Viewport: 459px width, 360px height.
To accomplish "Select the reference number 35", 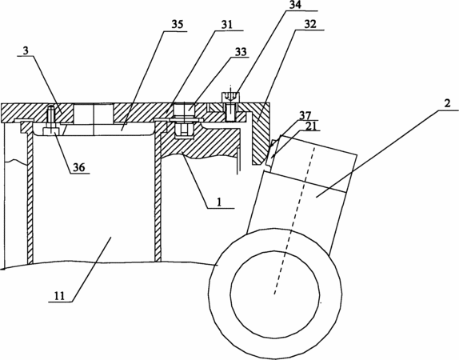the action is (178, 24).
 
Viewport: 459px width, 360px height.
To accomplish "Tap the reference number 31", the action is (226, 25).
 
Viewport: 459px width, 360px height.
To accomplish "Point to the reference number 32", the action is (310, 24).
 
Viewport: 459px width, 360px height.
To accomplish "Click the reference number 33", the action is (241, 51).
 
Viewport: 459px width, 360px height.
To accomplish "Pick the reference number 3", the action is (26, 50).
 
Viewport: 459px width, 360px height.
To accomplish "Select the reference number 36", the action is (78, 167).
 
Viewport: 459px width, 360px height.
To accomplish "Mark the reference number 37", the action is (305, 115).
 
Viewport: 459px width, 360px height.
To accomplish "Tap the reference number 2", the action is (447, 103).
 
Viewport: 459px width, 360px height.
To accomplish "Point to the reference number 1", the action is (218, 202).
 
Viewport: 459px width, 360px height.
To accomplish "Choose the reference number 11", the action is (59, 296).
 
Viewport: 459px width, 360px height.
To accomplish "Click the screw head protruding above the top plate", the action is (230, 97).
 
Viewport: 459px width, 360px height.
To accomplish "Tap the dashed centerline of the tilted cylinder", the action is (294, 220).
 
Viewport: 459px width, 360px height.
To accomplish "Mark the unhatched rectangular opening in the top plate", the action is (93, 113).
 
